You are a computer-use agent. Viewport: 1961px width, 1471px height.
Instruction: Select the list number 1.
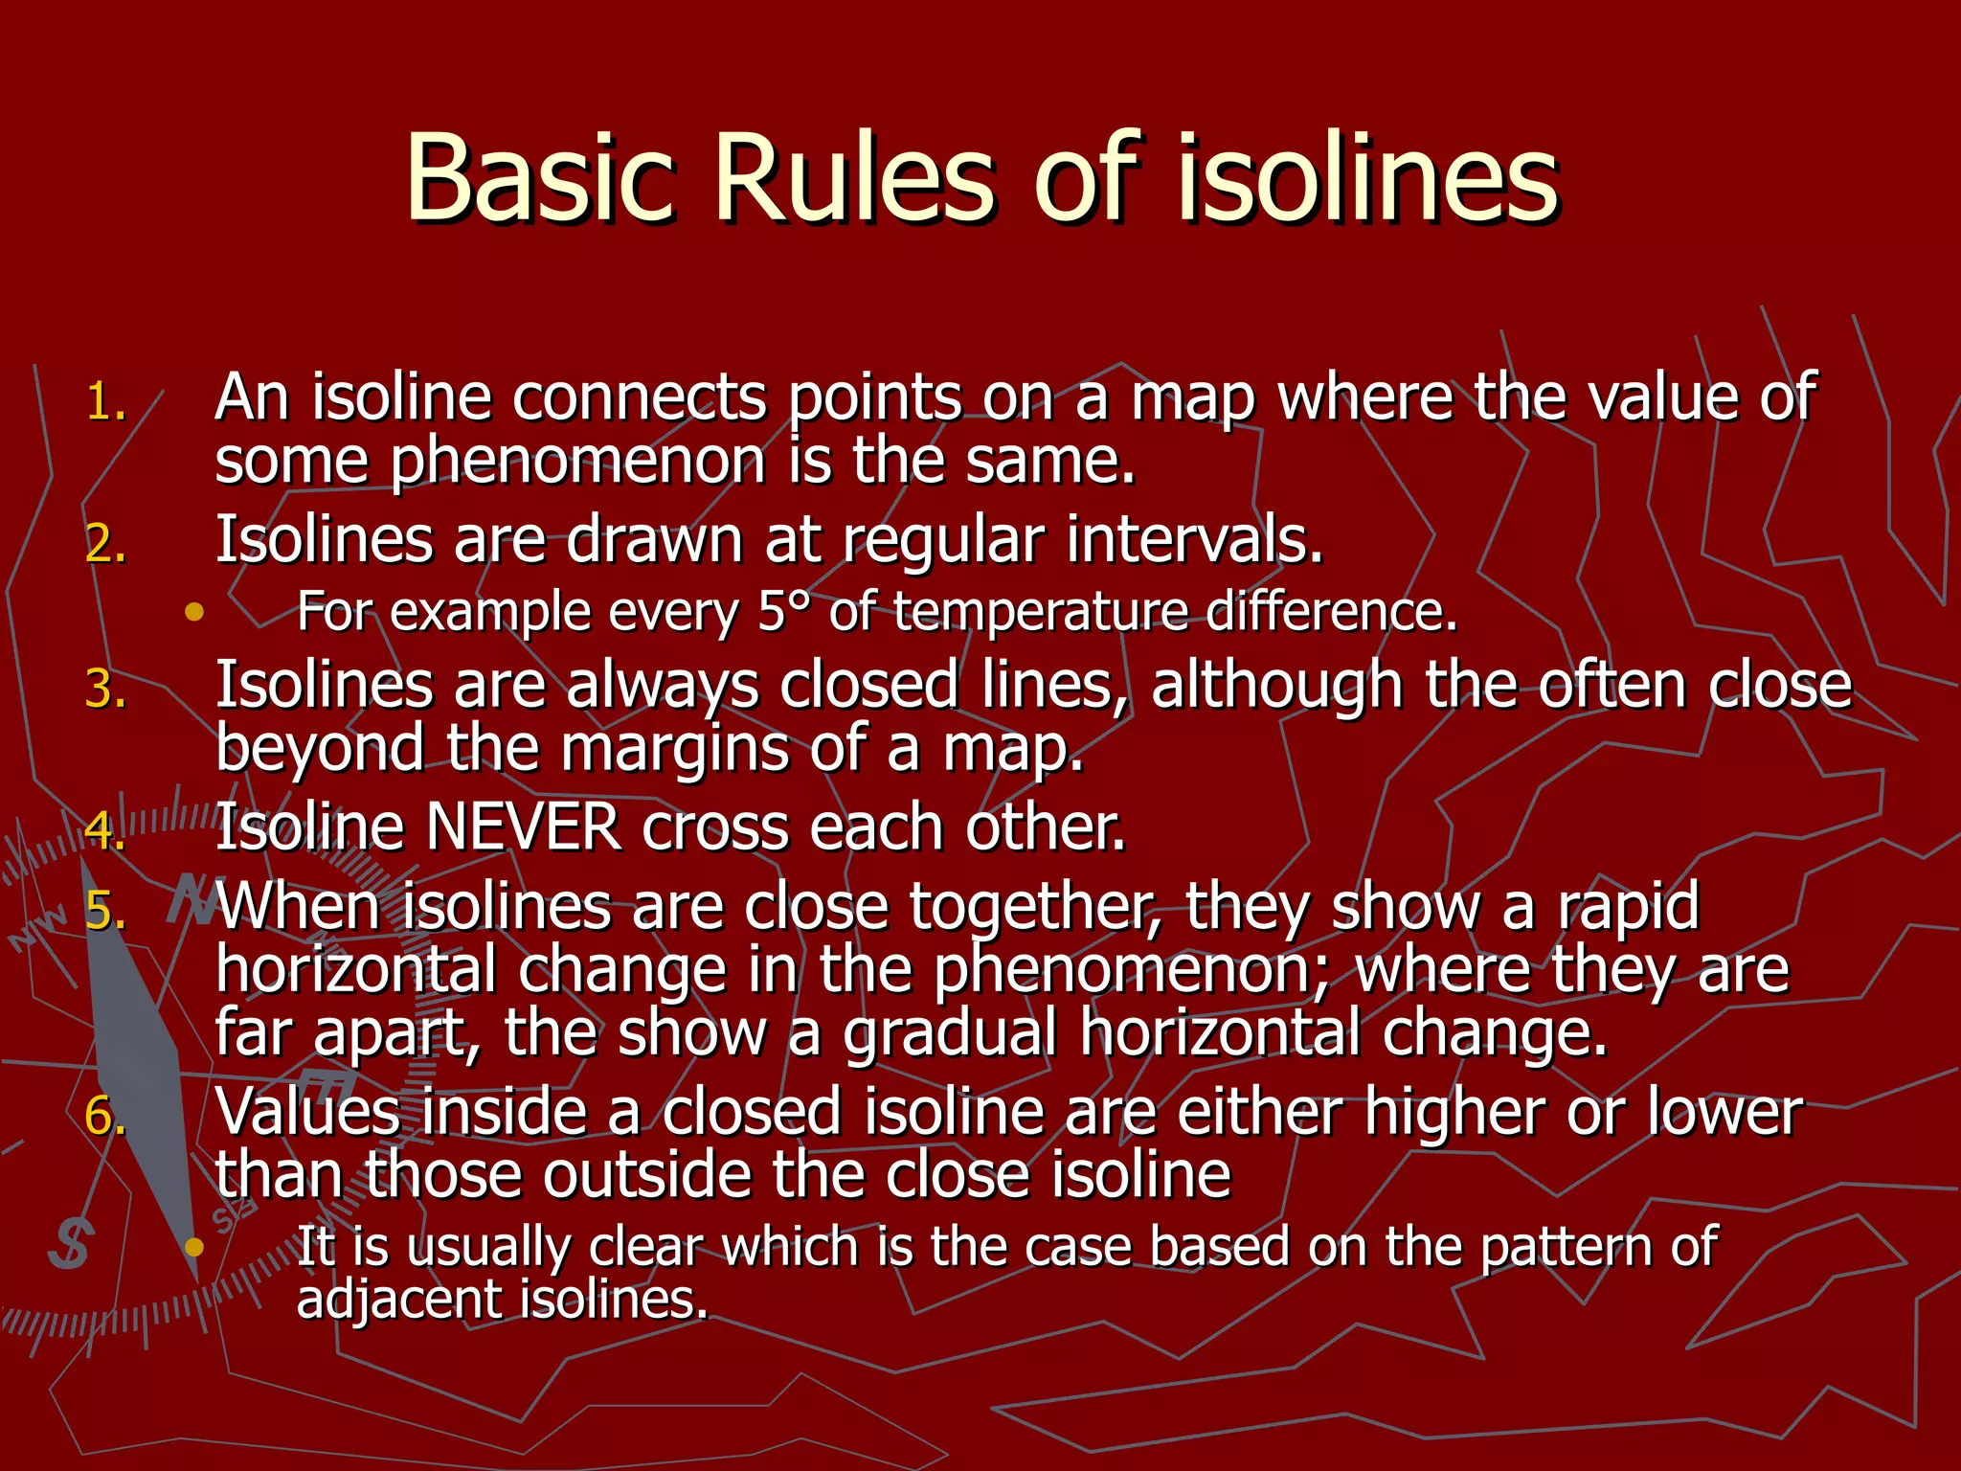(x=105, y=402)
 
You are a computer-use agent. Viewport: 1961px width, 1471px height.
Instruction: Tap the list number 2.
(x=105, y=545)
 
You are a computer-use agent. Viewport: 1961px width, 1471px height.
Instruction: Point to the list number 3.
(x=105, y=690)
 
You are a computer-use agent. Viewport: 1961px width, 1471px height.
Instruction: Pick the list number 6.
(x=105, y=1117)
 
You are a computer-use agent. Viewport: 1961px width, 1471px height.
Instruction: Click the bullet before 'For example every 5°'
(x=195, y=612)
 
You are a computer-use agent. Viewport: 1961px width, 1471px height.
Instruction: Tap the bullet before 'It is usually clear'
(x=195, y=1247)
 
